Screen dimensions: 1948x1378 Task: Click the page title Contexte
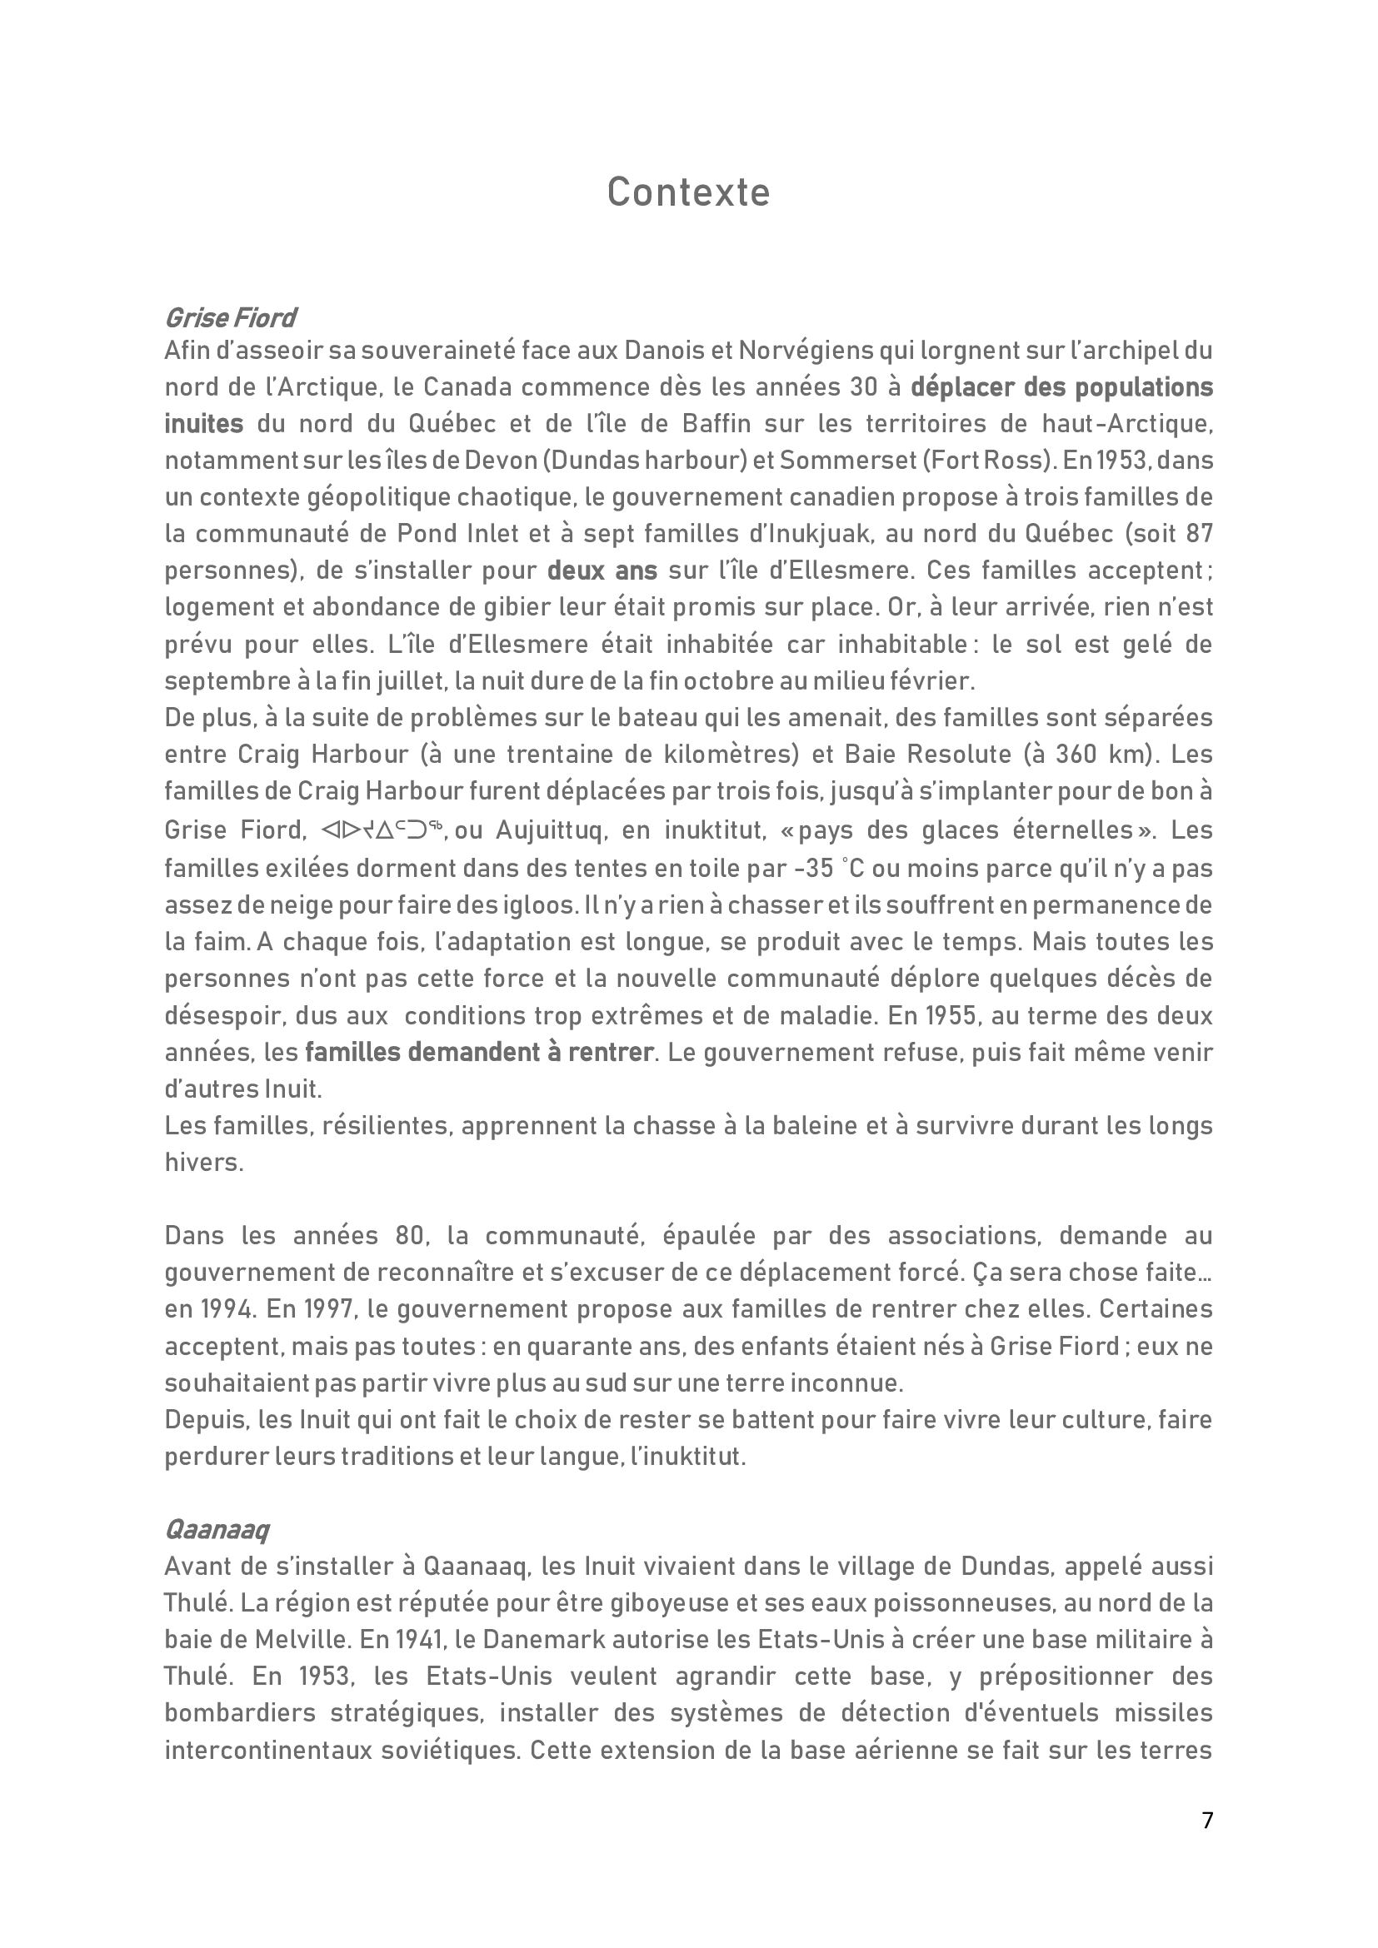click(x=688, y=192)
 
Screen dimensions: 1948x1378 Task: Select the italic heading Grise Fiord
click(x=230, y=318)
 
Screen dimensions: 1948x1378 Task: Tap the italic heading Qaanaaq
click(x=217, y=1530)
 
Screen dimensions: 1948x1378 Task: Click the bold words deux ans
click(x=602, y=570)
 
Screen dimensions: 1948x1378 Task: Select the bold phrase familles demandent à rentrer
click(x=479, y=1053)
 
